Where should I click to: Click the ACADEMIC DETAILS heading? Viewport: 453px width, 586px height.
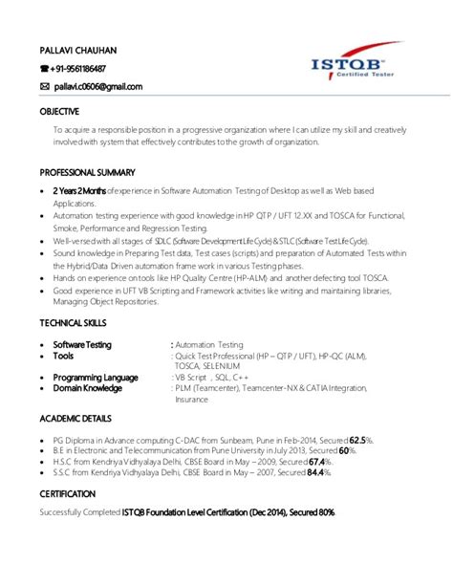pos(76,420)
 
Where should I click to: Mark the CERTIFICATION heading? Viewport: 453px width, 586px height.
pos(68,493)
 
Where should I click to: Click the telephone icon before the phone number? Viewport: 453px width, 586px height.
pos(44,68)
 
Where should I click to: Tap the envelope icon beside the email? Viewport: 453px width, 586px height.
pos(44,86)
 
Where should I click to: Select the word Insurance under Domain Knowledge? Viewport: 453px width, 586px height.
pos(190,400)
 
